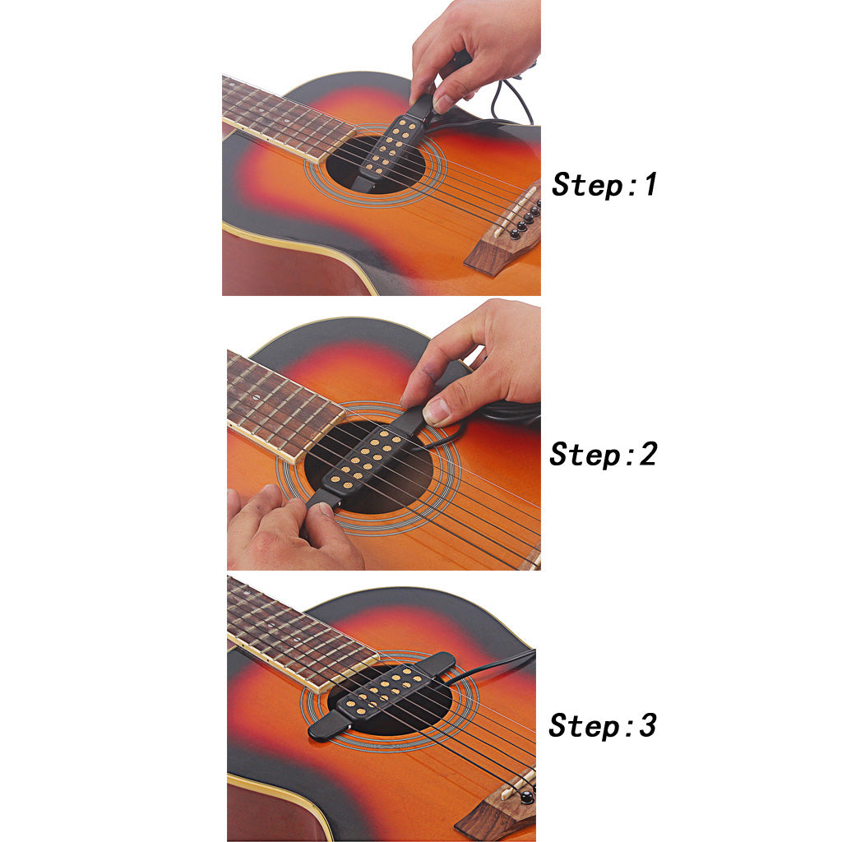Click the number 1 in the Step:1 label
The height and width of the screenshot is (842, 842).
click(650, 184)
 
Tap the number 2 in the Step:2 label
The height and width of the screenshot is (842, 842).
click(648, 454)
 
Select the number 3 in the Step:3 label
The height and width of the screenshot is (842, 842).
click(648, 725)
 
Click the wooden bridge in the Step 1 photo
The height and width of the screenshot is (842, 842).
click(506, 232)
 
